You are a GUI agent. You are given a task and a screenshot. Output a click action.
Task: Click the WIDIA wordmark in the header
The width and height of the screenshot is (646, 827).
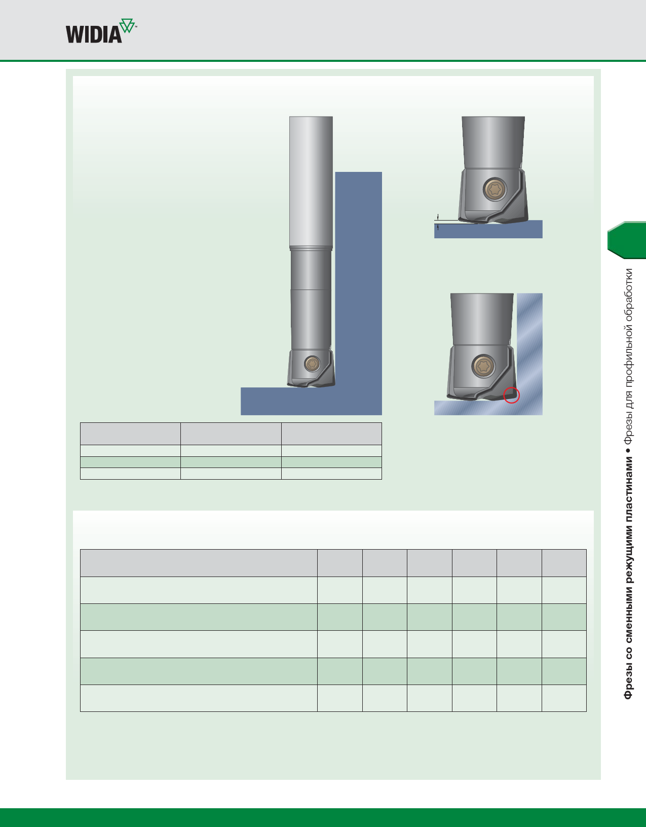[94, 34]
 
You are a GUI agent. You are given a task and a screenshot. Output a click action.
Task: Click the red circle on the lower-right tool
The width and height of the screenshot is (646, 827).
[512, 395]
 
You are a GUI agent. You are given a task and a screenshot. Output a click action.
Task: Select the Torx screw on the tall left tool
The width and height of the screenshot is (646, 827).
[312, 363]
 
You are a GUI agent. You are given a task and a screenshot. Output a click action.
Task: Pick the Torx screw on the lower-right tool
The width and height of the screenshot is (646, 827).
[483, 366]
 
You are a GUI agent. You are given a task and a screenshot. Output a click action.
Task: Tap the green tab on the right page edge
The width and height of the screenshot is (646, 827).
[627, 240]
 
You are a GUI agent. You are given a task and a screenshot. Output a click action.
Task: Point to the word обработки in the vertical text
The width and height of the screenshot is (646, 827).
[628, 294]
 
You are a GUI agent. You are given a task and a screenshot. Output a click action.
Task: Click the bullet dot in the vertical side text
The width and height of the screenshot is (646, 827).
[628, 450]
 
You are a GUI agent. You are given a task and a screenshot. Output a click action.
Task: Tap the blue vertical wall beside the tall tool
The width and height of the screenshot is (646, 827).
[358, 279]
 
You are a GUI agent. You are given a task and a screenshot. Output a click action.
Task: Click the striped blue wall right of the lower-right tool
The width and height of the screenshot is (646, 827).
[529, 345]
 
